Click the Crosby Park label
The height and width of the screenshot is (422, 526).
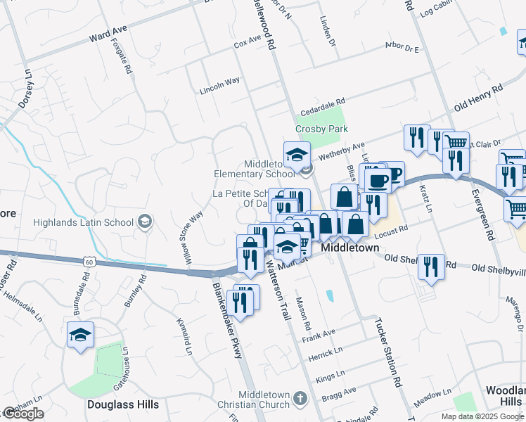(x=321, y=129)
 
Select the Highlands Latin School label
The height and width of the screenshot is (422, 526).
(x=83, y=223)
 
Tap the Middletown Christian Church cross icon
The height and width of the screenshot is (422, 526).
(x=300, y=398)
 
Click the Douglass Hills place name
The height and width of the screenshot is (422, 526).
(x=123, y=404)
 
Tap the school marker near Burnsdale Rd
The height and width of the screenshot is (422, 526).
(x=80, y=335)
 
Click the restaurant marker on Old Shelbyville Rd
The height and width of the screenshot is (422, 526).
(x=431, y=267)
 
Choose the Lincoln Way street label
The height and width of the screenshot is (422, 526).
(x=219, y=85)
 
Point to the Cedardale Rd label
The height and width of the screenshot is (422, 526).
(x=323, y=105)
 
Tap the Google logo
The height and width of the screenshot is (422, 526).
(x=23, y=414)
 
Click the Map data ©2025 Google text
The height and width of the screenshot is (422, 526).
(x=482, y=416)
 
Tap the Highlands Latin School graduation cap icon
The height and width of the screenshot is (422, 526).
(x=144, y=222)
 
